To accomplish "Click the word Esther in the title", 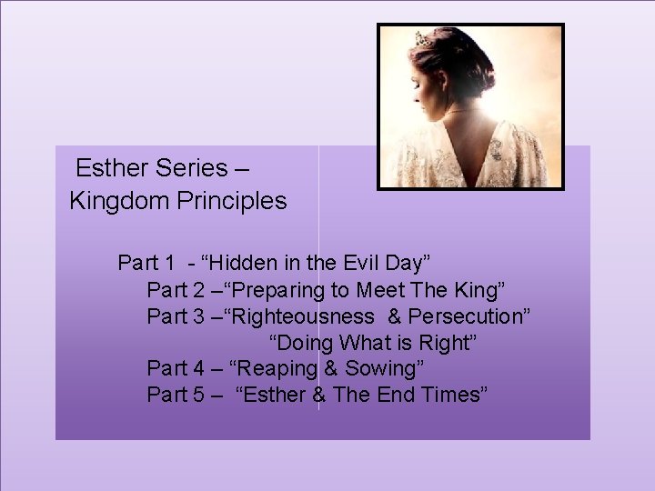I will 106,169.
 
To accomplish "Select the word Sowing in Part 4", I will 376,369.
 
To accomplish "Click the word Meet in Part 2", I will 381,290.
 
